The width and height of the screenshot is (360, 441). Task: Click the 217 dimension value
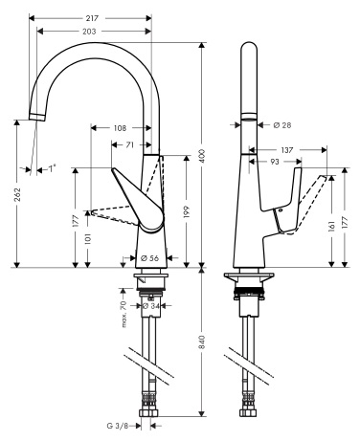tap(92, 18)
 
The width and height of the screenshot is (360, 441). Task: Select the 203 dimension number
tap(89, 32)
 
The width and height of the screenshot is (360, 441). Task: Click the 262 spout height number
tap(17, 194)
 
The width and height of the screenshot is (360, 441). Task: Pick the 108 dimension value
tap(120, 128)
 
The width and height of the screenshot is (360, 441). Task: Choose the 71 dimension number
tap(129, 145)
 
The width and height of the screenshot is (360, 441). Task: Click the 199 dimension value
tap(187, 212)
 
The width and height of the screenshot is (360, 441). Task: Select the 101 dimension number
tap(88, 239)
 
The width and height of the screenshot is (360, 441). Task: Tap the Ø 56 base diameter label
tap(149, 258)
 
